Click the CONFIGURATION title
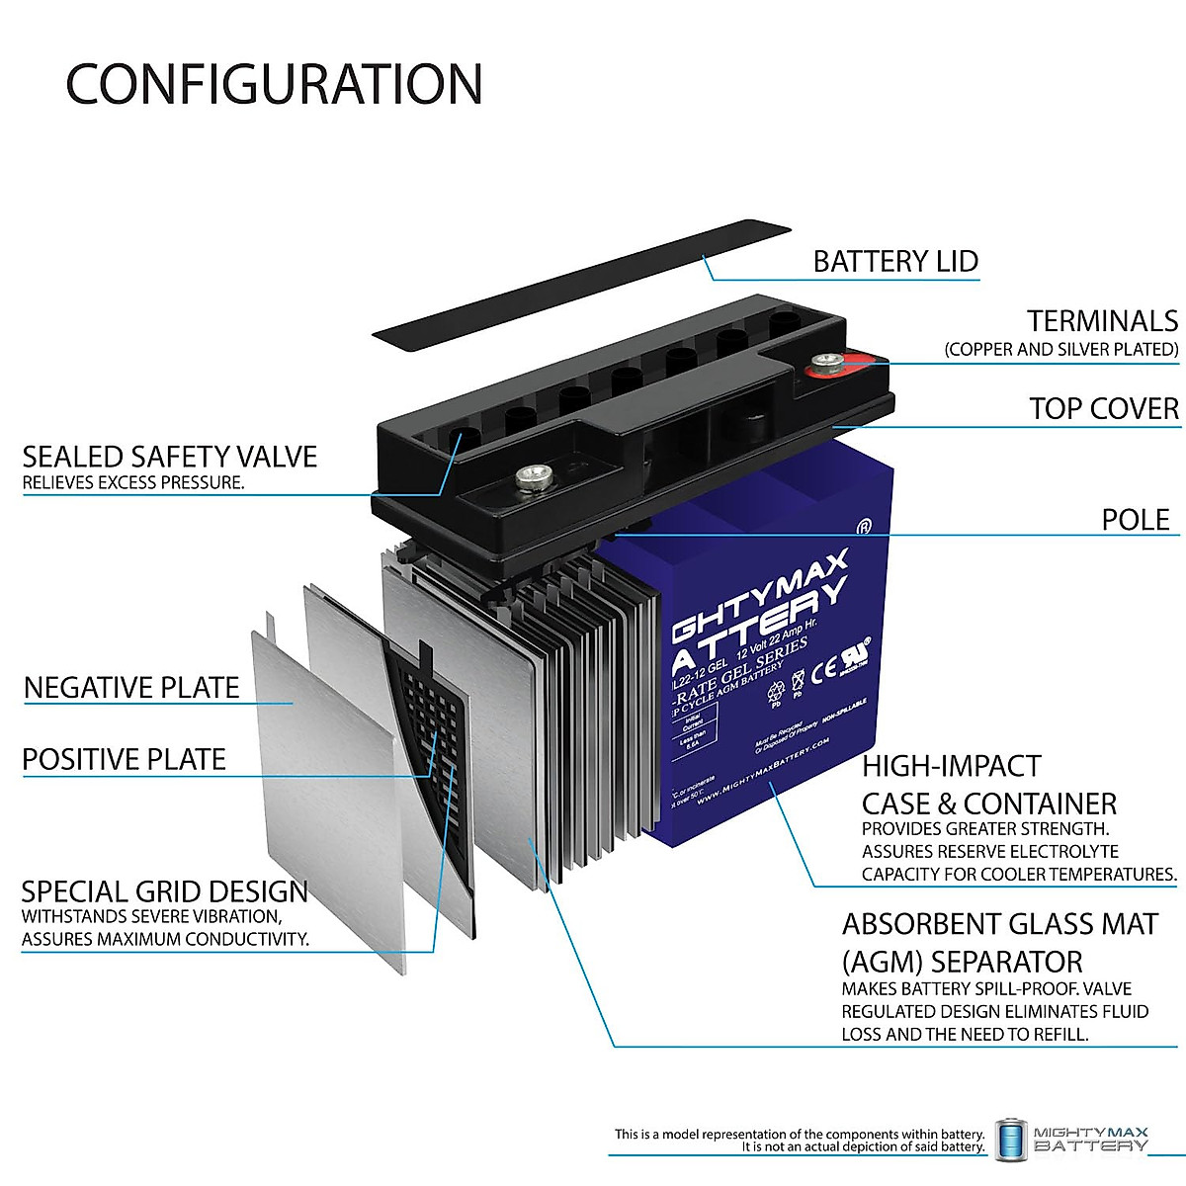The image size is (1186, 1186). tap(274, 84)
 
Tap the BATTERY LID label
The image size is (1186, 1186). tap(895, 262)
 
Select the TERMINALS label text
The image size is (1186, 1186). tap(1102, 321)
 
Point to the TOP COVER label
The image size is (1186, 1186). tap(1104, 408)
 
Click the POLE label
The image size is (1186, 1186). tap(1136, 520)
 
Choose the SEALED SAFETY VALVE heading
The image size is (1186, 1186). tap(170, 457)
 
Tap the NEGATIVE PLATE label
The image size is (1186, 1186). tap(131, 688)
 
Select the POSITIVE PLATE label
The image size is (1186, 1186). tap(125, 759)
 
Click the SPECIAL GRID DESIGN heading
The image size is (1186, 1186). tap(165, 891)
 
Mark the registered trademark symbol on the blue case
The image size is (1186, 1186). tap(863, 526)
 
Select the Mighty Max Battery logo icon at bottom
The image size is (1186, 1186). tap(1008, 1141)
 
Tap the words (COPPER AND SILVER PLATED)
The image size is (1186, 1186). tap(1061, 350)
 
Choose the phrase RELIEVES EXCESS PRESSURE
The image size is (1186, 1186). tap(133, 483)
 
